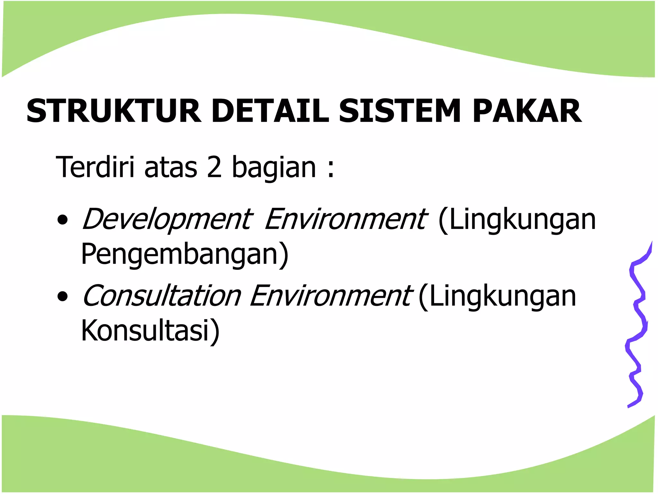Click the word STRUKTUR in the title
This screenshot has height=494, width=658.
pyautogui.click(x=114, y=111)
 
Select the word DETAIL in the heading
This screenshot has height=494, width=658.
pyautogui.click(x=270, y=111)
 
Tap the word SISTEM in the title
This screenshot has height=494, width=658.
pyautogui.click(x=400, y=111)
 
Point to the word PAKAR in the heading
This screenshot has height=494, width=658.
pyautogui.click(x=527, y=111)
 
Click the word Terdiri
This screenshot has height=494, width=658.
pyautogui.click(x=95, y=167)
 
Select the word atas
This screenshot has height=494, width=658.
pyautogui.click(x=171, y=168)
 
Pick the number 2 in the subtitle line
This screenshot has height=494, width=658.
pyautogui.click(x=214, y=167)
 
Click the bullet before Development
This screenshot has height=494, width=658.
pyautogui.click(x=62, y=220)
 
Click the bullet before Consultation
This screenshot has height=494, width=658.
pyautogui.click(x=62, y=296)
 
